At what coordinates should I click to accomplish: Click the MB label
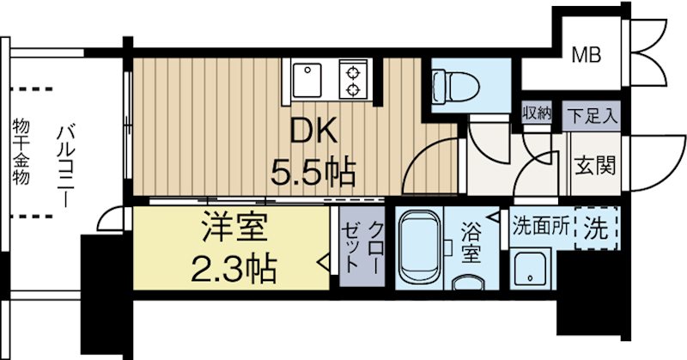[587, 56]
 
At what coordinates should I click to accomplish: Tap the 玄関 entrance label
[593, 164]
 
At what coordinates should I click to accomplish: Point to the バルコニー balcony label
[64, 163]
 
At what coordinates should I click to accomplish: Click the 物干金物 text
[21, 153]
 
